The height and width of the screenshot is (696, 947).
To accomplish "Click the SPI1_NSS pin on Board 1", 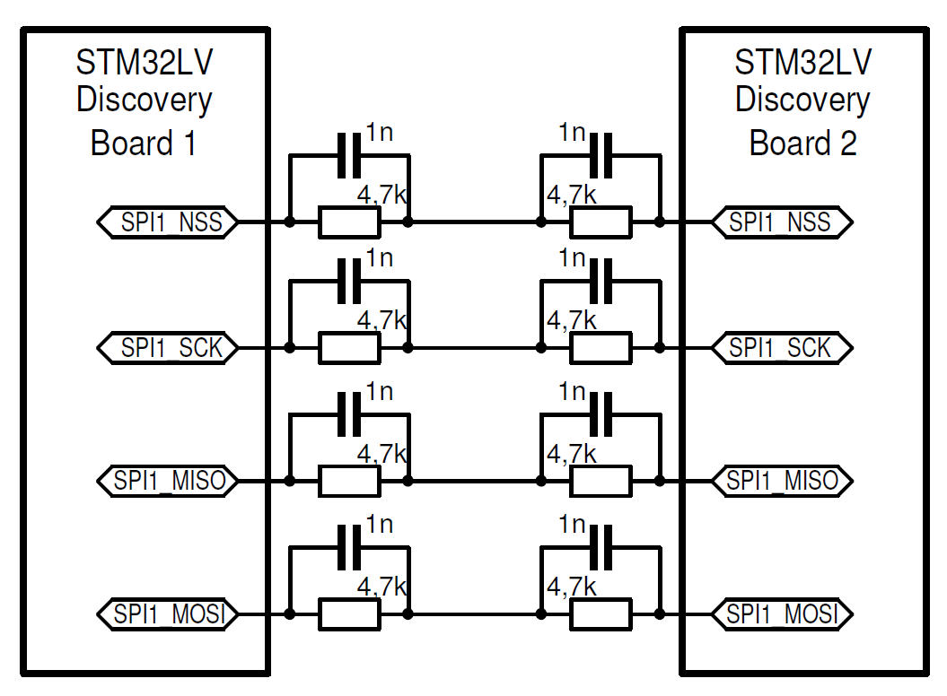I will tap(168, 222).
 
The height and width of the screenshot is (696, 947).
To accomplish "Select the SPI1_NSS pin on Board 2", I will tap(780, 222).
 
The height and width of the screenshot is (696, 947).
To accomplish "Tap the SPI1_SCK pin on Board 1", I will tap(168, 347).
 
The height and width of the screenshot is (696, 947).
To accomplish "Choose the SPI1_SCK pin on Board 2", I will tap(780, 347).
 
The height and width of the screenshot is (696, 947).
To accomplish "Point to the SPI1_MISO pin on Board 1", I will tap(168, 481).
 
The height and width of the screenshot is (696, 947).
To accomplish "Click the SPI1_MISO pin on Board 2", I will tap(780, 481).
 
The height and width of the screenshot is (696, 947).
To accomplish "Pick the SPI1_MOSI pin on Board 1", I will tap(168, 615).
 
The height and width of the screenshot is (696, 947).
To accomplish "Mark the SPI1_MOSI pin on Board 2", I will tap(780, 615).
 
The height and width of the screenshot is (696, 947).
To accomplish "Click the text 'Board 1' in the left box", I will tap(144, 143).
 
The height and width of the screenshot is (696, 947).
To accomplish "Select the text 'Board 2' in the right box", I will tap(802, 143).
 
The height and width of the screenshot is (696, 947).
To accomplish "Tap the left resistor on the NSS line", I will tap(349, 222).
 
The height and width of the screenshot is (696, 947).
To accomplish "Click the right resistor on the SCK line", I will tap(601, 347).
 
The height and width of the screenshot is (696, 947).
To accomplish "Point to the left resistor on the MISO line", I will tap(349, 481).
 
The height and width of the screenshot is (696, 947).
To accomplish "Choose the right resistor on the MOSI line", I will tap(601, 615).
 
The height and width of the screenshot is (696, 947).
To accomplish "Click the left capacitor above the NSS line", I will tap(349, 154).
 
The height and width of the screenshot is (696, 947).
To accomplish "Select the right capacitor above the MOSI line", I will tap(601, 546).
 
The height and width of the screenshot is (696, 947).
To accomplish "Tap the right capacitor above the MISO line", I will tap(601, 413).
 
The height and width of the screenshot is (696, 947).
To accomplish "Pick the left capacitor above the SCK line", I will tap(349, 280).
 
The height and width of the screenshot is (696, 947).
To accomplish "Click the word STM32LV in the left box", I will tap(145, 64).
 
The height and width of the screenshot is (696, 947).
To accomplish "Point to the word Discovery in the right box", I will tap(802, 100).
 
